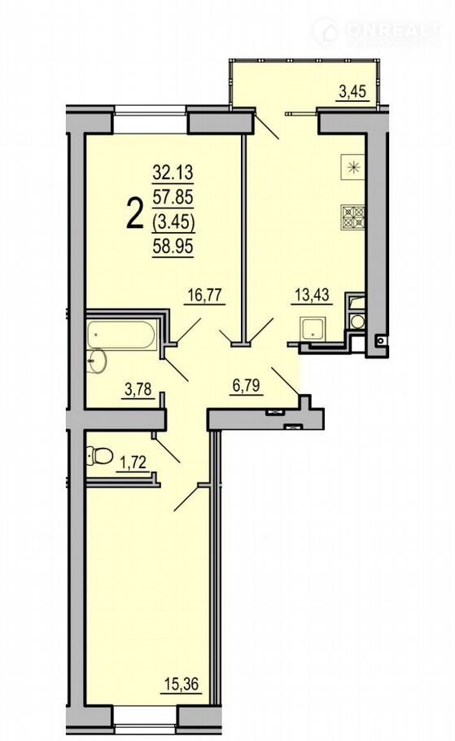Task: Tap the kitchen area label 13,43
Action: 312,296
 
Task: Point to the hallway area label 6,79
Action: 247,386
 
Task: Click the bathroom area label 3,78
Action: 138,389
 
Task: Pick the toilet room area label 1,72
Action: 134,463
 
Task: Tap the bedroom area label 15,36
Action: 182,683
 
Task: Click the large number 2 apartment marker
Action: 134,213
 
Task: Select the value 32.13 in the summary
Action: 173,173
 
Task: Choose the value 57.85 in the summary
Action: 173,197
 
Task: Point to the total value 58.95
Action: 173,246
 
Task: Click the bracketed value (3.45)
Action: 173,222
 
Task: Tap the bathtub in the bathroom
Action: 121,335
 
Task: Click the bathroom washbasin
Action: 98,362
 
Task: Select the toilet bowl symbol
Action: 99,456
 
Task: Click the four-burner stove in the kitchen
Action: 353,217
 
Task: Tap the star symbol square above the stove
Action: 353,167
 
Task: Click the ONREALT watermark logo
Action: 378,31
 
